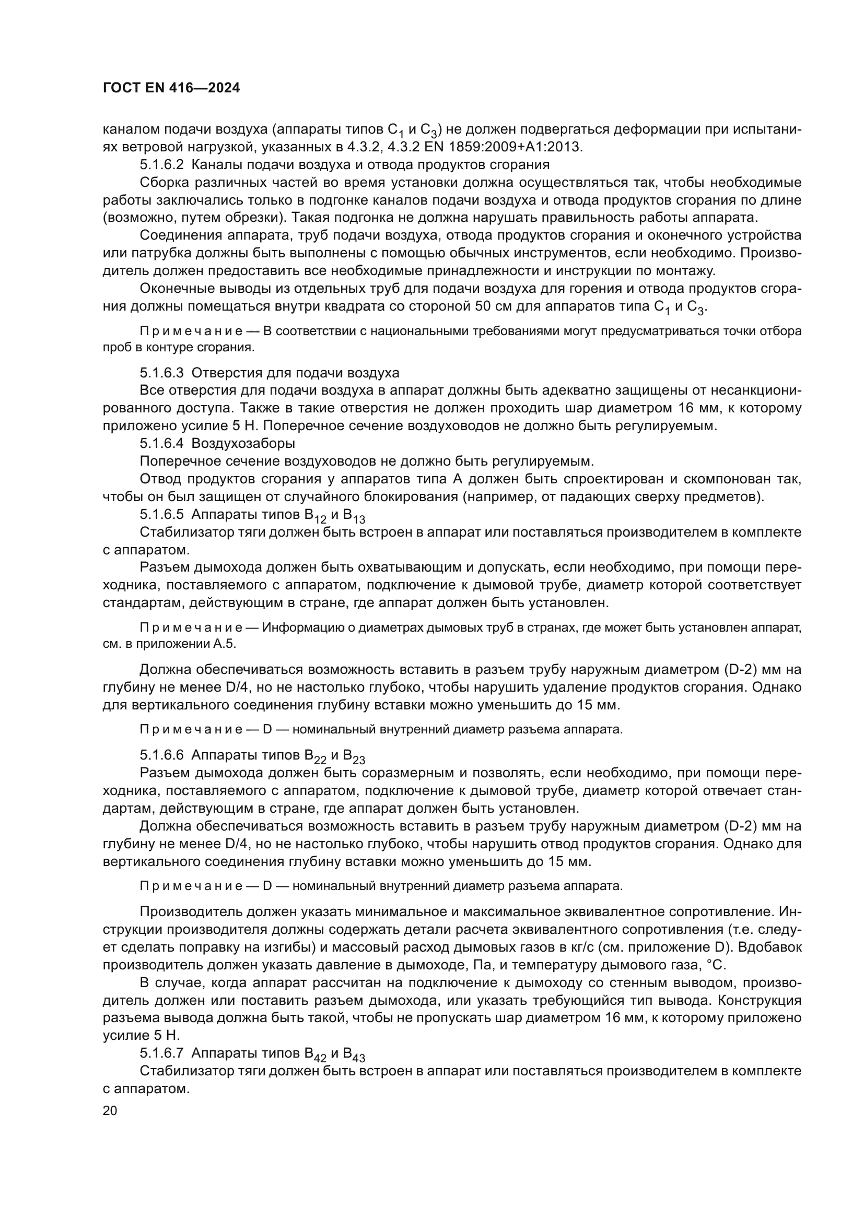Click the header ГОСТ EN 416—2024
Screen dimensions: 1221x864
(x=171, y=88)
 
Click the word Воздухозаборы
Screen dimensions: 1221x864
(x=243, y=443)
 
